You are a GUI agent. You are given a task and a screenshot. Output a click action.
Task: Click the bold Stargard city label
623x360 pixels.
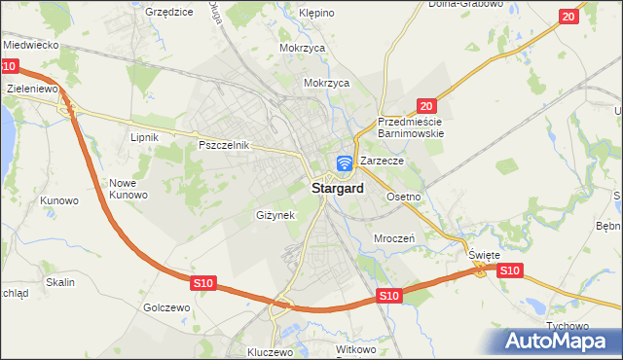[339, 189]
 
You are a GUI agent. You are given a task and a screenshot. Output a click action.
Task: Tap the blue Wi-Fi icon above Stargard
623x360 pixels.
[345, 164]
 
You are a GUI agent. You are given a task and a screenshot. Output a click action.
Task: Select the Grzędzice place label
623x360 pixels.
[168, 13]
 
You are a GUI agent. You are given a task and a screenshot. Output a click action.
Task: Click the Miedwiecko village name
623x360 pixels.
[32, 46]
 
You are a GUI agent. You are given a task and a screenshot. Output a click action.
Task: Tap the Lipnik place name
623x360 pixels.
[144, 138]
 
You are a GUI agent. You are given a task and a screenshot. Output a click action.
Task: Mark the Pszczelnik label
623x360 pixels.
[225, 145]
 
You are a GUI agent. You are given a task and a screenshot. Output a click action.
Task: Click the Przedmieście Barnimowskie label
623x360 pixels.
[411, 127]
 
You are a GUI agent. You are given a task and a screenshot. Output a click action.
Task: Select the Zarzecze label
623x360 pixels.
[382, 161]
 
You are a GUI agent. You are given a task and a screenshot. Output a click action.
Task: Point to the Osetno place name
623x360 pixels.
[403, 197]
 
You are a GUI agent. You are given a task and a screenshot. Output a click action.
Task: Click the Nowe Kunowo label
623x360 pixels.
[128, 189]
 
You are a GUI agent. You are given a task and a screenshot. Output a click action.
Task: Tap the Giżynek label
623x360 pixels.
[275, 215]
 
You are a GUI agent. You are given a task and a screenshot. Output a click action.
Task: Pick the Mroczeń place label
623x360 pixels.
[394, 237]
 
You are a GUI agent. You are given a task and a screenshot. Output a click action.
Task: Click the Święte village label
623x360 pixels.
[484, 255]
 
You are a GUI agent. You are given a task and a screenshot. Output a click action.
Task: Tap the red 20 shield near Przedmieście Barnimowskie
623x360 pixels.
[426, 105]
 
